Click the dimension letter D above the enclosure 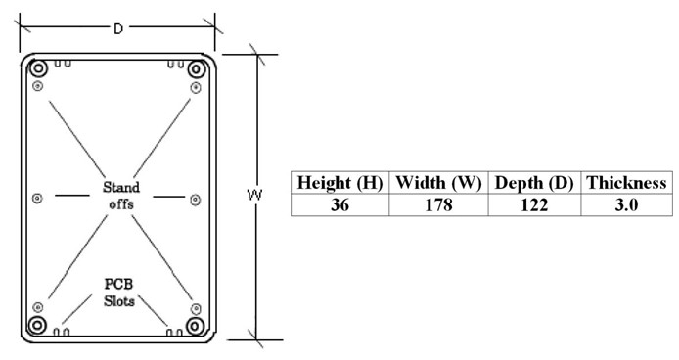(118, 28)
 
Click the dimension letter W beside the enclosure (254, 195)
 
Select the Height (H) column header (339, 182)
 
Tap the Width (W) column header (438, 182)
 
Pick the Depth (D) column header (534, 182)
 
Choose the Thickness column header (626, 182)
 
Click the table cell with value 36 (339, 204)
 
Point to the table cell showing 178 (438, 204)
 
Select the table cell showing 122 (534, 204)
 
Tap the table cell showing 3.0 (626, 204)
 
